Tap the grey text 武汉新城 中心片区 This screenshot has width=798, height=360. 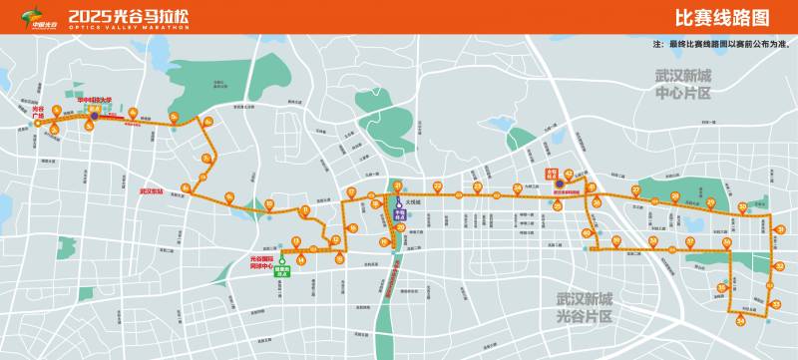682,85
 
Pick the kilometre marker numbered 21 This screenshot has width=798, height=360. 397,185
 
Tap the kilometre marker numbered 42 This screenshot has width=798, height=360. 569,173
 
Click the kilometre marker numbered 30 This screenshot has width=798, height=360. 742,207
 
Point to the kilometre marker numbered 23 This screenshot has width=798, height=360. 477,185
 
